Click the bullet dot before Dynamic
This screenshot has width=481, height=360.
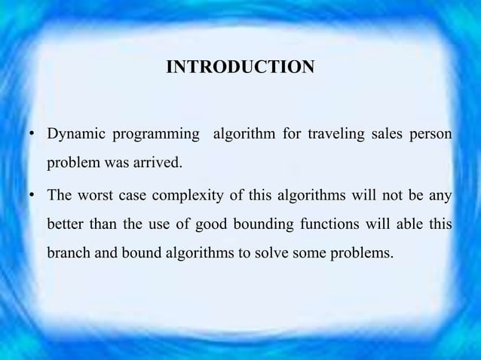pyautogui.click(x=32, y=136)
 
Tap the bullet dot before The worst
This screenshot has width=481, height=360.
pyautogui.click(x=32, y=198)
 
